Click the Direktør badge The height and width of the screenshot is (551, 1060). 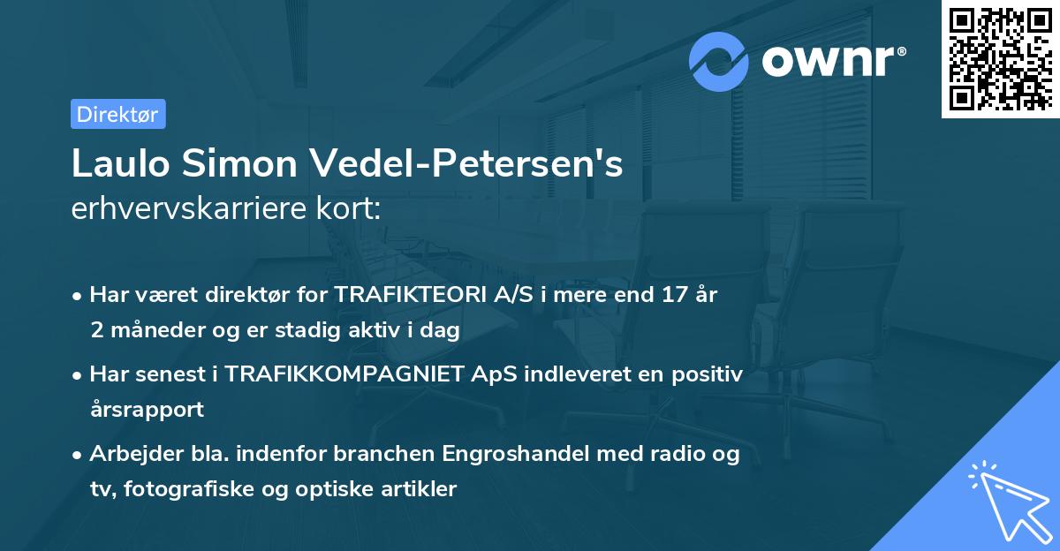click(117, 114)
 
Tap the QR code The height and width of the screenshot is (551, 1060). click(1000, 59)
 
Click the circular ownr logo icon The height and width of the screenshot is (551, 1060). click(719, 60)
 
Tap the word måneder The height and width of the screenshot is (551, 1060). click(155, 330)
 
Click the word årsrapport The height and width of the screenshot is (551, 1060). click(147, 410)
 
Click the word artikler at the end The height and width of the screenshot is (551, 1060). click(422, 489)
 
